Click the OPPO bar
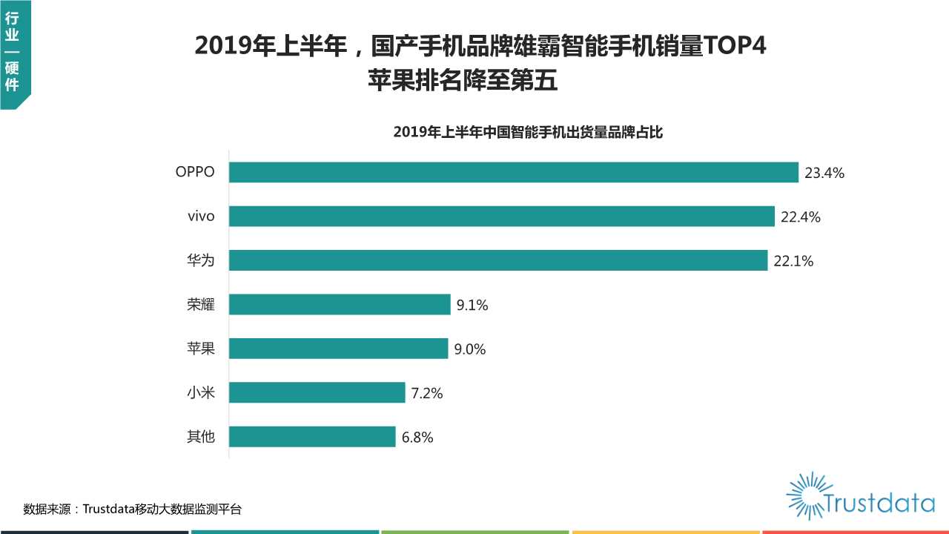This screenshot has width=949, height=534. click(x=513, y=172)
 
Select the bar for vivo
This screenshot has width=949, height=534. click(x=501, y=217)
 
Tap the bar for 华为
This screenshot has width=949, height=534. click(x=497, y=260)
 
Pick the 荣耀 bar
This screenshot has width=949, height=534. click(x=340, y=305)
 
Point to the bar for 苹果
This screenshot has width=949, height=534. click(x=338, y=349)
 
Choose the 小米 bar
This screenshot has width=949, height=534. click(x=317, y=393)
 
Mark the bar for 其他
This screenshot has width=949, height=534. click(x=312, y=437)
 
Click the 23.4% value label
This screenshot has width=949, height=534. click(x=824, y=174)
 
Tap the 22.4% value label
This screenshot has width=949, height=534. click(x=800, y=217)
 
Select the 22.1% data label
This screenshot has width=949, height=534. click(x=793, y=261)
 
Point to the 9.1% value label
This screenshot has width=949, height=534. click(x=472, y=305)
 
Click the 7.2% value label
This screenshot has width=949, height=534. click(x=427, y=394)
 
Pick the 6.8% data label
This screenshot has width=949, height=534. click(x=417, y=438)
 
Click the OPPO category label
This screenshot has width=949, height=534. click(x=195, y=172)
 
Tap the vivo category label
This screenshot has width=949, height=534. click(x=201, y=217)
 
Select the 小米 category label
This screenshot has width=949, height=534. click(x=201, y=393)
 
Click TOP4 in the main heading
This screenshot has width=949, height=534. click(x=734, y=47)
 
